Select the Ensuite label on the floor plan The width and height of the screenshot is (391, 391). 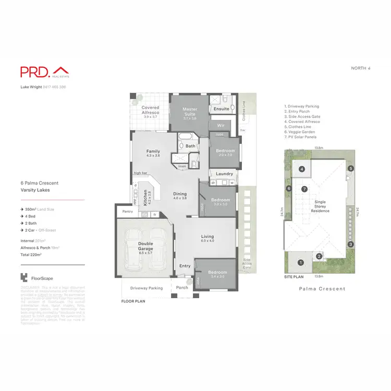click(221, 109)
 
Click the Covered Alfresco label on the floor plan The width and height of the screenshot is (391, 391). click(151, 110)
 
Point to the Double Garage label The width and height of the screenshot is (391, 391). click(145, 247)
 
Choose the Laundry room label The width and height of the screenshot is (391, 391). click(224, 174)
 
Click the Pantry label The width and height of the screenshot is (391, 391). click(127, 212)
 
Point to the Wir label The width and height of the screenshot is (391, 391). click(220, 126)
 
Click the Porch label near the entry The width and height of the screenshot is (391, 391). click(182, 288)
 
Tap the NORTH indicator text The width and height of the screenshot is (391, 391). click(361, 68)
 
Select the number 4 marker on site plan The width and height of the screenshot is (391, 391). click(302, 169)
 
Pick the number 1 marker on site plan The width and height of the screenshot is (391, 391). click(300, 262)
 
